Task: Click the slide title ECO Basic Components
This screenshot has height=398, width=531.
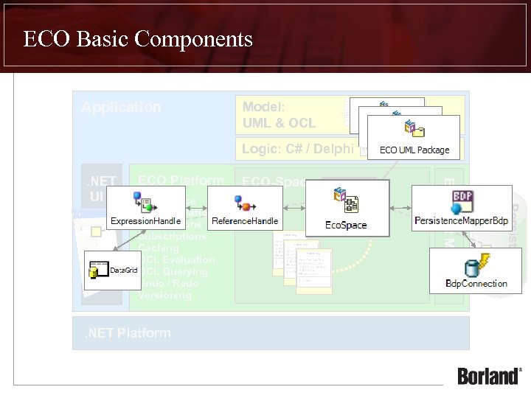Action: [x=138, y=38]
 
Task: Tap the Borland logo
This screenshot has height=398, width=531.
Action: [x=488, y=376]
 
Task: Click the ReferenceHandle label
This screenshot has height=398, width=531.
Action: [x=245, y=220]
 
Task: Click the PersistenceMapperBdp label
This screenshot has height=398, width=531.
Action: [x=461, y=220]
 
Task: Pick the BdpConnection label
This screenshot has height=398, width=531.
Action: [x=476, y=283]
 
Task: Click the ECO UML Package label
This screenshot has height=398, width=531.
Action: [x=414, y=150]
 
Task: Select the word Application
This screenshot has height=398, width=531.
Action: [x=121, y=107]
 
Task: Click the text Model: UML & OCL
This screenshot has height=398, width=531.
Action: [x=279, y=115]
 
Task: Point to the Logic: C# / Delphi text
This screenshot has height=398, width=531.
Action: [x=299, y=149]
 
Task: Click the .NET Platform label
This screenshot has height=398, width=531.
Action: [x=127, y=333]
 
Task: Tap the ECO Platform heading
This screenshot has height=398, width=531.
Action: [x=181, y=181]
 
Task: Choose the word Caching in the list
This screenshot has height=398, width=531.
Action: [x=159, y=248]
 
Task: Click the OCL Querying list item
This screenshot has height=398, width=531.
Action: [x=173, y=272]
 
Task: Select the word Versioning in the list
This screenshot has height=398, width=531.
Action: [x=165, y=295]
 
